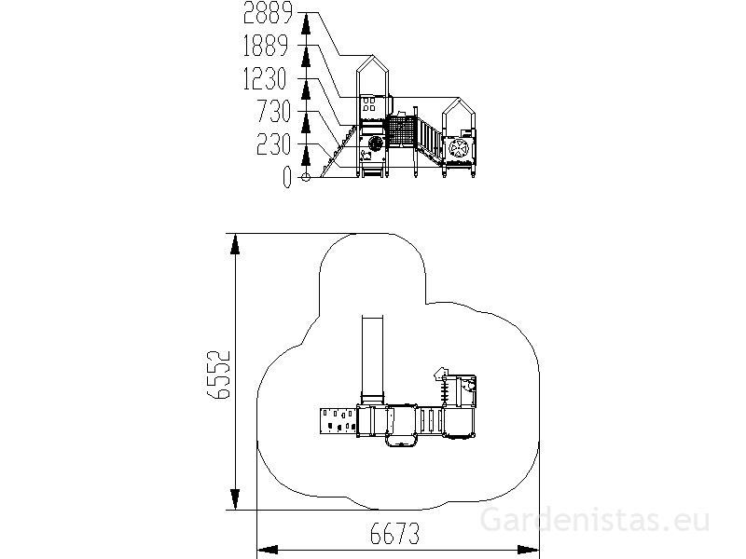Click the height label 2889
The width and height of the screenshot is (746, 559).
point(268,12)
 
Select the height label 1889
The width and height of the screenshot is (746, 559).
point(266,46)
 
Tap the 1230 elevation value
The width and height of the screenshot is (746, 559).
point(265,78)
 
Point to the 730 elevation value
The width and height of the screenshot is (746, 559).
point(273,111)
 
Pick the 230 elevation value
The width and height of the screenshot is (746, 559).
point(273,144)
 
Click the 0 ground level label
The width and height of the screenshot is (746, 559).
point(286,177)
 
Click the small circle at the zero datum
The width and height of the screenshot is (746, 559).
point(306,177)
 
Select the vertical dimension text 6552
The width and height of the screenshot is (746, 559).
point(219,375)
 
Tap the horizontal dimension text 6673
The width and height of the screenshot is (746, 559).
point(394,533)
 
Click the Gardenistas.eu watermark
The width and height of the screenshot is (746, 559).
point(595,520)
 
